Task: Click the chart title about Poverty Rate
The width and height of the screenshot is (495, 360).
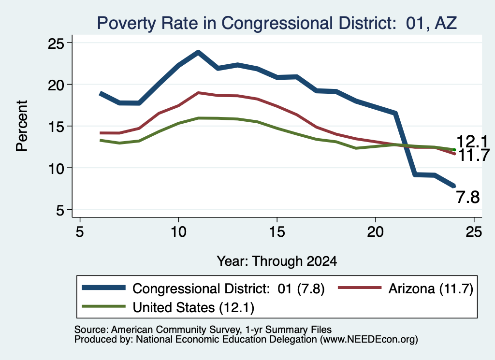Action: [277, 23]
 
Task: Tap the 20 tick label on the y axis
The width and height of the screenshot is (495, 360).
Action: [56, 85]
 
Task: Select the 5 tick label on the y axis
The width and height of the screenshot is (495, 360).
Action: [59, 210]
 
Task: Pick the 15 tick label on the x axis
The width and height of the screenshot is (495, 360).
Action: [277, 232]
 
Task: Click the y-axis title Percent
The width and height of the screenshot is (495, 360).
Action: [22, 126]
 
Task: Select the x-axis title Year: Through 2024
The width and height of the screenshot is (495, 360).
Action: [277, 261]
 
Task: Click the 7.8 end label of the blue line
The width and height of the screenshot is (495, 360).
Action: [468, 198]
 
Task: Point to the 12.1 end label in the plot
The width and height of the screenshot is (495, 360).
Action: [472, 142]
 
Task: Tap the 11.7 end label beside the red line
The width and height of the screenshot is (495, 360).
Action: [473, 156]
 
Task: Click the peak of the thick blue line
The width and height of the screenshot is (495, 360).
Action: [198, 52]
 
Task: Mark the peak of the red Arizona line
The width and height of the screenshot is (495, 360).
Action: [198, 93]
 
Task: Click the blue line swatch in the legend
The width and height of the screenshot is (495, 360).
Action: [104, 288]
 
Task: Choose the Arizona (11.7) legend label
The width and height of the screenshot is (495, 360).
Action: [431, 288]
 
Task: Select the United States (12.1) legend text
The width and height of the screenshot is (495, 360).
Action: [193, 307]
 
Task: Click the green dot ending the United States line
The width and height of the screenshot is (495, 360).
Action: [454, 150]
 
